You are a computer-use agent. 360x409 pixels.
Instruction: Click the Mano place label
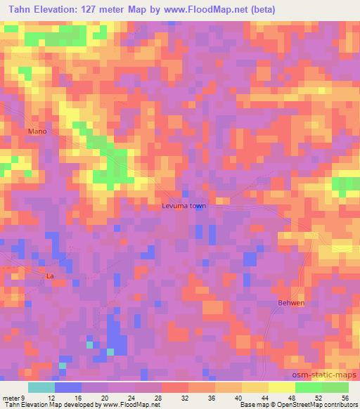[x=37, y=131]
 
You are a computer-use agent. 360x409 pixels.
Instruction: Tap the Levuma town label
[x=183, y=207]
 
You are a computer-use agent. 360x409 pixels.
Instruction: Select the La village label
[x=49, y=276]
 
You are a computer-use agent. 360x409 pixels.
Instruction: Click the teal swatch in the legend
[x=41, y=387]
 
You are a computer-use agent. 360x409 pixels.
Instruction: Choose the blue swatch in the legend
[x=67, y=387]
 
